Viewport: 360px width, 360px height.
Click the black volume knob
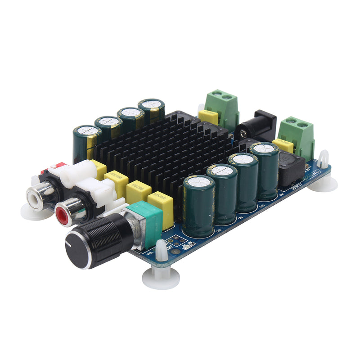(x=97, y=241)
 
